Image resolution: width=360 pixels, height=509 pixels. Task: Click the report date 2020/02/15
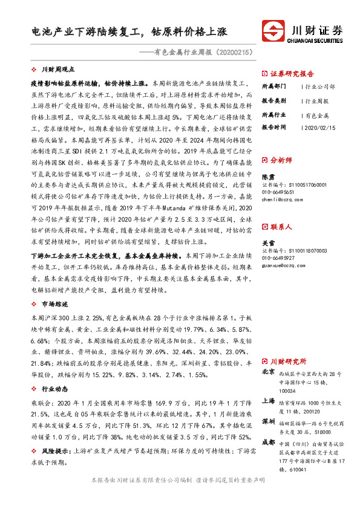pyautogui.click(x=320, y=128)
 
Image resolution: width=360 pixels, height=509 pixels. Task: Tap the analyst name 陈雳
pyautogui.click(x=267, y=177)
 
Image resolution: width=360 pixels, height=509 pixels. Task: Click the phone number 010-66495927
pyautogui.click(x=283, y=258)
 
